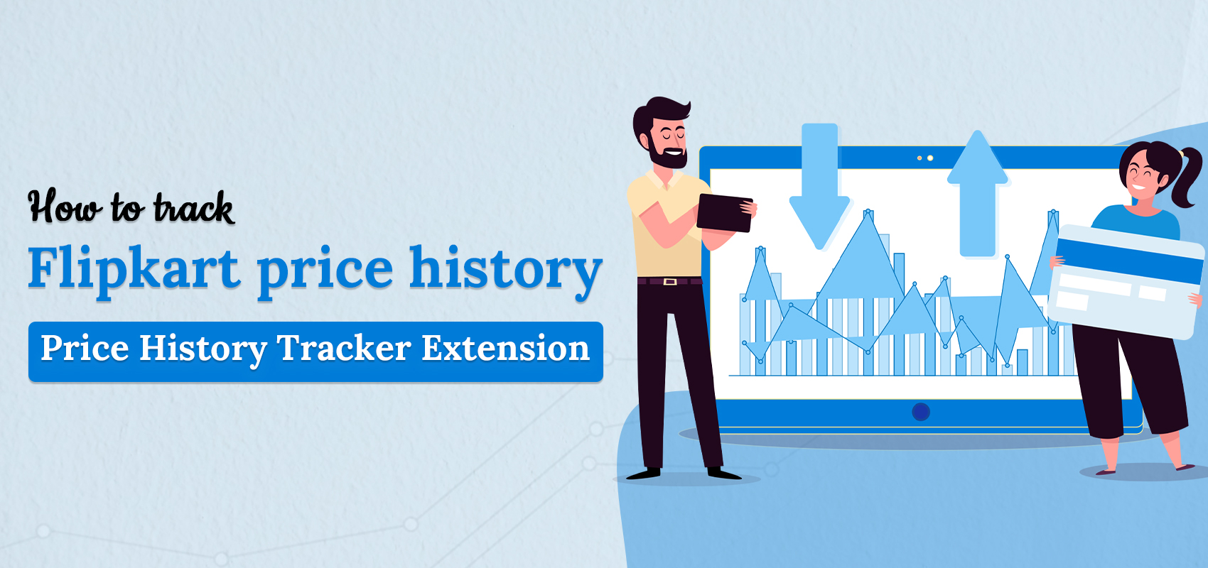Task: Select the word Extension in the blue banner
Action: click(505, 348)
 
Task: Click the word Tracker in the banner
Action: click(344, 348)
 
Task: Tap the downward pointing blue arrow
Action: click(820, 186)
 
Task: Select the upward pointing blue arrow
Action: click(977, 194)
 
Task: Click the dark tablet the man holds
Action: click(724, 213)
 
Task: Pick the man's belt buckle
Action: click(670, 281)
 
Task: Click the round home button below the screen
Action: click(920, 412)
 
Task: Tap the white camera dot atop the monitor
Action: click(929, 158)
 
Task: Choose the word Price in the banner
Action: click(85, 348)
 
